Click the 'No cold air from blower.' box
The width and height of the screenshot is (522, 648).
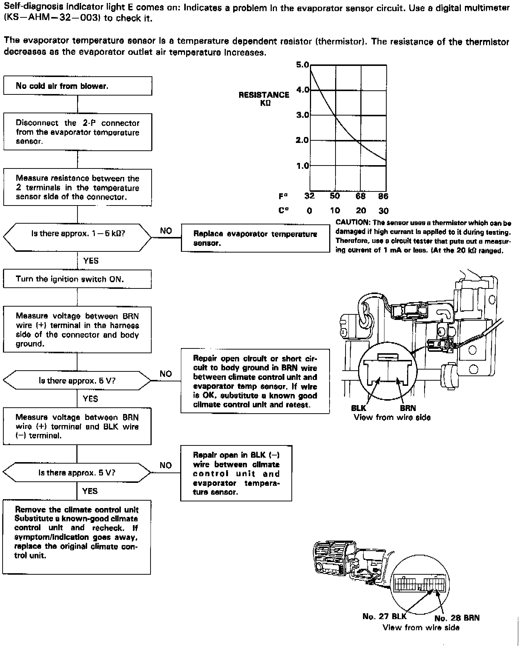(77, 86)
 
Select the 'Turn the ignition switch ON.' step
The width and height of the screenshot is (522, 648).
(77, 279)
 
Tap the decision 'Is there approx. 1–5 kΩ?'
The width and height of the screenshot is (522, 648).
(77, 234)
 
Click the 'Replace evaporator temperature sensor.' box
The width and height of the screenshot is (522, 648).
(255, 238)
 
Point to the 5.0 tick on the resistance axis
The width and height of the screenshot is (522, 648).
(303, 65)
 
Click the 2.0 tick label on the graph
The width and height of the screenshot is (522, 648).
(303, 140)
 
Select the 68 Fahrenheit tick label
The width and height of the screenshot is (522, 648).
(360, 196)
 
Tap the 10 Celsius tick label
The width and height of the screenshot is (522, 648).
(335, 211)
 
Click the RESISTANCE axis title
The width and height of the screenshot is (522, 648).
(264, 95)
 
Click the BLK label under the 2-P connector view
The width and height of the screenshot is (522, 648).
(359, 408)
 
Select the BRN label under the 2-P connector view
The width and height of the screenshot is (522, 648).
(408, 408)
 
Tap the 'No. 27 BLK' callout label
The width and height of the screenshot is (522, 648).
(384, 617)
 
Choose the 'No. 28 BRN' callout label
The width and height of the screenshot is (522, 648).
(457, 618)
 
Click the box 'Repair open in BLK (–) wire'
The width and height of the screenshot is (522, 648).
(236, 473)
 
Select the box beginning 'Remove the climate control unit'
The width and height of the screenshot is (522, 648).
(77, 537)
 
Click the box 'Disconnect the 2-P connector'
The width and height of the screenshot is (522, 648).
(77, 132)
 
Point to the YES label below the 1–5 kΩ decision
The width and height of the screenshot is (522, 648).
(91, 261)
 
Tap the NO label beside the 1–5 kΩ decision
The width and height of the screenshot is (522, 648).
(166, 231)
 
